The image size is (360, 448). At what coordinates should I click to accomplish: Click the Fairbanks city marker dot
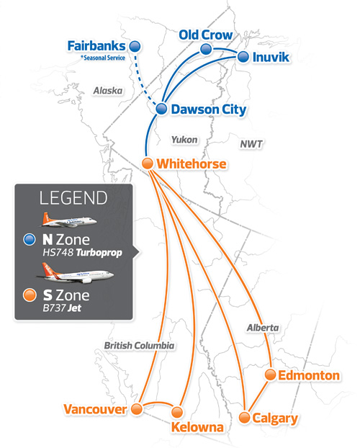[134, 46]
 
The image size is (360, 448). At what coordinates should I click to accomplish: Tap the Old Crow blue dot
[206, 49]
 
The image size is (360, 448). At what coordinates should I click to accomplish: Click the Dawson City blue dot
[161, 109]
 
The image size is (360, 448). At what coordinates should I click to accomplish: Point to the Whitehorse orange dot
[148, 163]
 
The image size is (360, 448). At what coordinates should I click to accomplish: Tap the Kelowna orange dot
[177, 413]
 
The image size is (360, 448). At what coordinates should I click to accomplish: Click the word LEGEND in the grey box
[73, 198]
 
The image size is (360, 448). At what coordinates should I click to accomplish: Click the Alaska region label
[108, 91]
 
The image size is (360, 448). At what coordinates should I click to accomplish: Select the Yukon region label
[185, 139]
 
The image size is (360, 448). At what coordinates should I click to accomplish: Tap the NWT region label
[251, 144]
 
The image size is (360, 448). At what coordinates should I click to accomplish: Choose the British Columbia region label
[139, 346]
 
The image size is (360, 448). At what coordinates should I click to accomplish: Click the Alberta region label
[261, 328]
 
